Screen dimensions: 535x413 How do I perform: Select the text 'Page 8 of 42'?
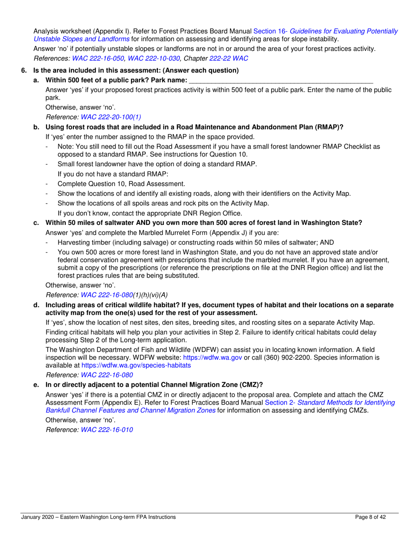[370, 517]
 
